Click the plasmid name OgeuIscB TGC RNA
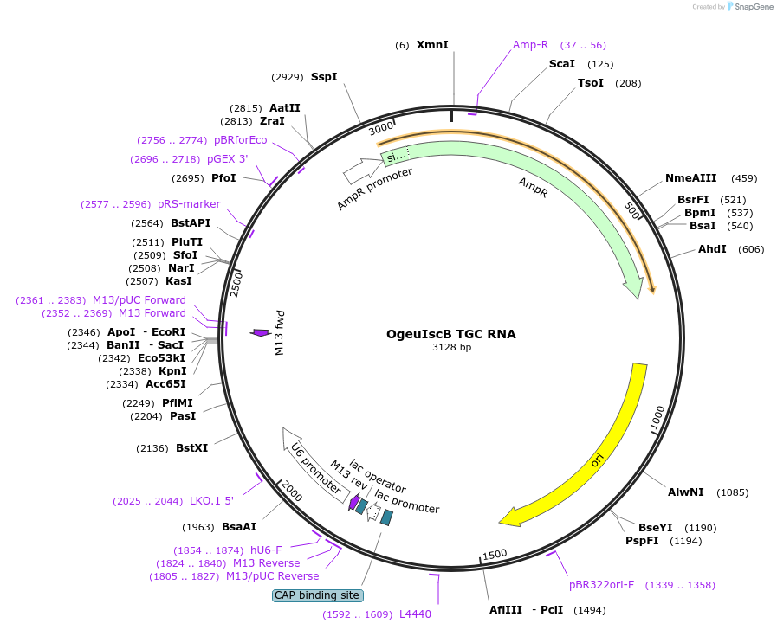tap(450, 334)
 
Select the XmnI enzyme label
tap(432, 44)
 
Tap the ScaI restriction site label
tap(562, 64)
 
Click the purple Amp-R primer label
tap(530, 44)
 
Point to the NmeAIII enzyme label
tap(690, 178)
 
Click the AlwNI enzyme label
tap(684, 492)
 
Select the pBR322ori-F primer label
tap(601, 585)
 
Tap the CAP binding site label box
tap(318, 595)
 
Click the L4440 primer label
tap(415, 614)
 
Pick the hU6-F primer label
tap(266, 550)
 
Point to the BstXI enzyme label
tap(191, 448)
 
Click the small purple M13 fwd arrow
tap(260, 332)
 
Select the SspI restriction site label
tap(324, 77)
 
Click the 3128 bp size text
tap(451, 348)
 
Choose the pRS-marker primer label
tap(189, 204)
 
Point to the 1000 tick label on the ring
tap(657, 420)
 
